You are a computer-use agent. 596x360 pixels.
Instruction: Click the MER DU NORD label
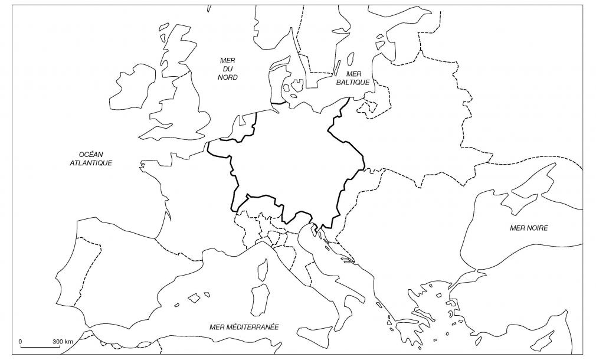coord(227,68)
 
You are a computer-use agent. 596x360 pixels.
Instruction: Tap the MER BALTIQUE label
coord(353,78)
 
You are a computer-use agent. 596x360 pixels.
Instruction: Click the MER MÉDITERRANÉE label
coord(244,326)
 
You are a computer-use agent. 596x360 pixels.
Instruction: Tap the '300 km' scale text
coord(63,342)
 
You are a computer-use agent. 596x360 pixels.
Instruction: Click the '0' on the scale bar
coord(21,342)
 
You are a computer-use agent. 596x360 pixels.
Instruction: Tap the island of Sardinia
coord(258,299)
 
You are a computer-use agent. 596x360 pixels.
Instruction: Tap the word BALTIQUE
coord(353,83)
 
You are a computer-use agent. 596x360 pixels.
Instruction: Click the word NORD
coord(227,77)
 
